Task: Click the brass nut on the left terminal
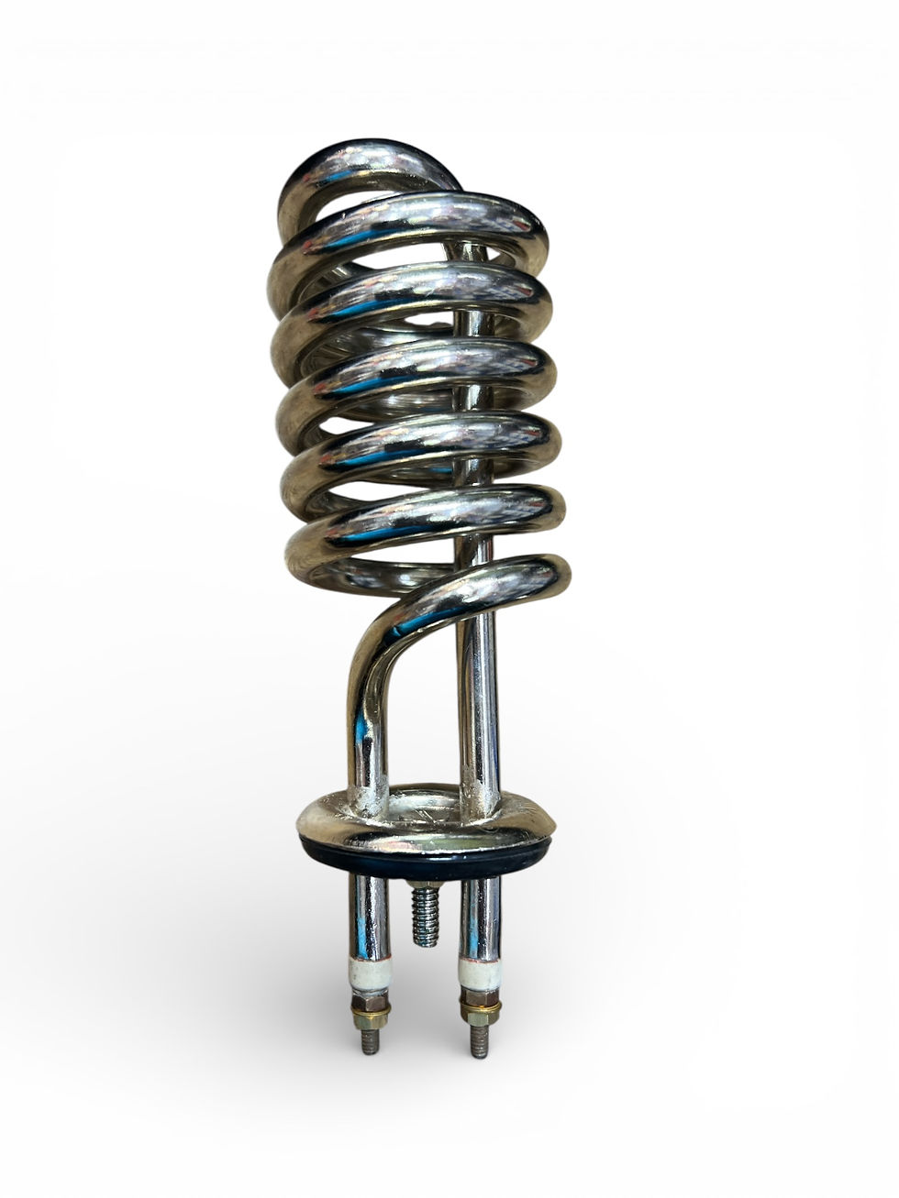(x=372, y=1013)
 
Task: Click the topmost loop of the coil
(x=367, y=170)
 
